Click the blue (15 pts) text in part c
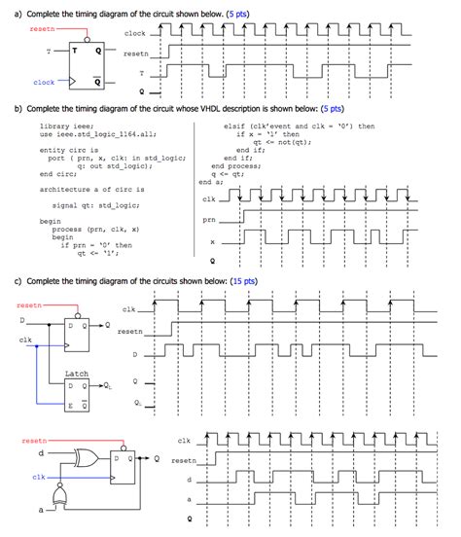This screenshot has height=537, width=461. click(x=243, y=281)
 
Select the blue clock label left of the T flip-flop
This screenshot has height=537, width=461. click(x=44, y=83)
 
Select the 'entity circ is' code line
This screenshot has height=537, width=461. click(x=66, y=150)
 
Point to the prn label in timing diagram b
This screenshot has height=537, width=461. click(x=207, y=220)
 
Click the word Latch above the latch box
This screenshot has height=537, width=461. click(x=76, y=373)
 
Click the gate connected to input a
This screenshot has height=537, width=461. click(x=61, y=498)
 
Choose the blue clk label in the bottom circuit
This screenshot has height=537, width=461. click(x=38, y=477)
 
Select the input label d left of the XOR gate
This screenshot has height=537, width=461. click(x=40, y=452)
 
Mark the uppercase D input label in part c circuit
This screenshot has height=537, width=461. click(x=21, y=319)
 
